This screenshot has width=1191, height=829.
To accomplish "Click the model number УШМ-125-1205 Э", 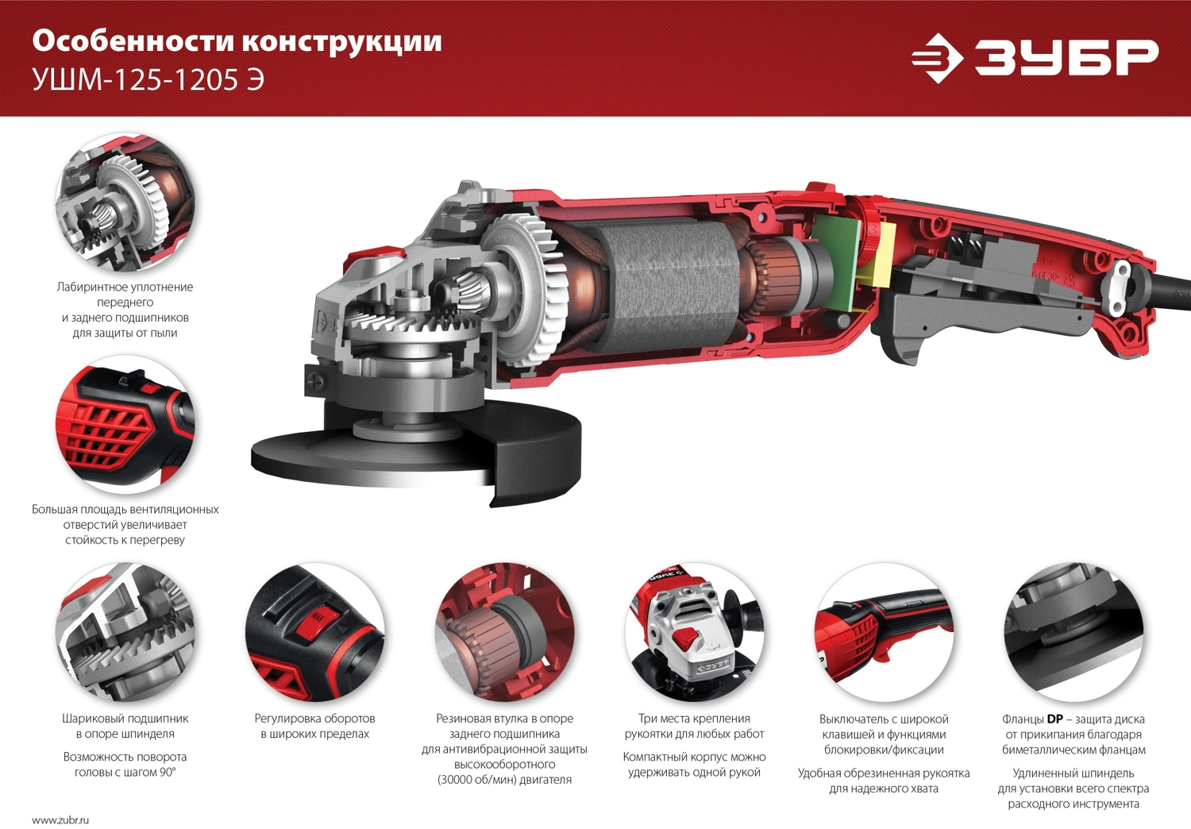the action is click(148, 79).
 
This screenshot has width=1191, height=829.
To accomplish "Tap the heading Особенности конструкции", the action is click(237, 40).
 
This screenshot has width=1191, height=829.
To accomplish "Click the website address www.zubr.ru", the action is click(60, 820).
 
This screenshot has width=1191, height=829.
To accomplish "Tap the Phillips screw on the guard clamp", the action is click(314, 382).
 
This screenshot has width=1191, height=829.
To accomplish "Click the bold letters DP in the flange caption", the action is click(1055, 719).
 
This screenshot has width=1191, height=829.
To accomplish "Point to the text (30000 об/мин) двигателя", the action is click(504, 780).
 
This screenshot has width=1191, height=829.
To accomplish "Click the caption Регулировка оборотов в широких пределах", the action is click(314, 726).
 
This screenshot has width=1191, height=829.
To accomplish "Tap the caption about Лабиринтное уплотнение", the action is click(125, 310).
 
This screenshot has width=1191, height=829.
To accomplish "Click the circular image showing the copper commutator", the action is click(504, 632).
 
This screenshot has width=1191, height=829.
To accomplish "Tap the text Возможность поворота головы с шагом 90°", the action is click(125, 764).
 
